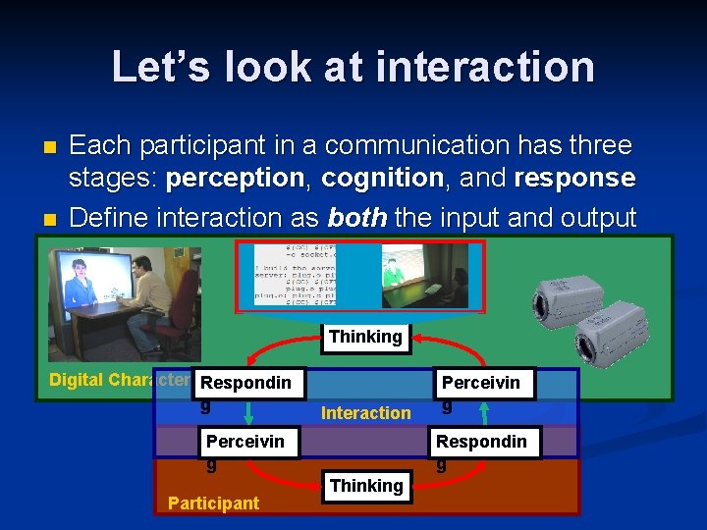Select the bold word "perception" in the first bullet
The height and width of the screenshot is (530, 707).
(x=235, y=179)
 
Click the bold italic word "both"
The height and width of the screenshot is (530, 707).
(x=359, y=217)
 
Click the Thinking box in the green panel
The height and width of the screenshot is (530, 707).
(x=365, y=337)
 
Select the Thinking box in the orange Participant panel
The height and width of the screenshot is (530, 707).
(x=365, y=486)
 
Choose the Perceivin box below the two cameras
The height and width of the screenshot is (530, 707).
(x=483, y=383)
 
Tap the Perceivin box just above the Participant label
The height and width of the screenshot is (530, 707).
(x=245, y=442)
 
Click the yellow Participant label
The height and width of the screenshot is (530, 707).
(x=213, y=503)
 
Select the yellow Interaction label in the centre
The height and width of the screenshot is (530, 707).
(x=365, y=413)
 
